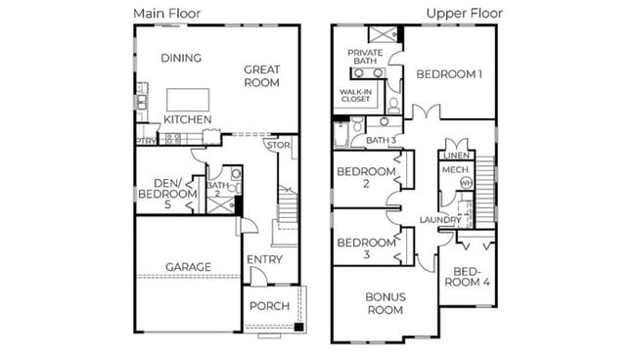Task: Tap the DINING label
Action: click(181, 58)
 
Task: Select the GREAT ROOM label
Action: click(262, 76)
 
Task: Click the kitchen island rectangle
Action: click(187, 100)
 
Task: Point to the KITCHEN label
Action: click(187, 119)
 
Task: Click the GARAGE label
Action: click(188, 266)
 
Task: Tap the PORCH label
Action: click(269, 306)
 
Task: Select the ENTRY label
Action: click(264, 259)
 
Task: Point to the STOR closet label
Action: click(279, 146)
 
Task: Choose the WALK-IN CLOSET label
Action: click(356, 95)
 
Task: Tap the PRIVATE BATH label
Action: click(365, 57)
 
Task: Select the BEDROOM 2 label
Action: click(366, 178)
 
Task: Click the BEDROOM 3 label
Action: click(366, 248)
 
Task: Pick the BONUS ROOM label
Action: click(386, 302)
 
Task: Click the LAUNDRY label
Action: click(440, 220)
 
